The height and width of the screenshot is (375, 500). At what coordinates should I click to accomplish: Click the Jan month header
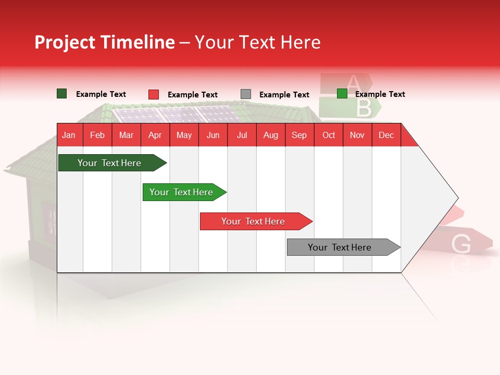(x=69, y=135)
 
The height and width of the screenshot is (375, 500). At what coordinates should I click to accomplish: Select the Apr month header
(x=155, y=135)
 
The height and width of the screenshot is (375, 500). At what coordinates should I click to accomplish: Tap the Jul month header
(x=242, y=135)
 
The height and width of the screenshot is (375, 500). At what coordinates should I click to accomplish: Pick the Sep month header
(x=299, y=135)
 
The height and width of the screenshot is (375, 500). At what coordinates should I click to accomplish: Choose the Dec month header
(x=386, y=135)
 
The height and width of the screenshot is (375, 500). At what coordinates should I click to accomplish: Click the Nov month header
(x=357, y=135)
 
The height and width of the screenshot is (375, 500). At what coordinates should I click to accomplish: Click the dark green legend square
(x=61, y=94)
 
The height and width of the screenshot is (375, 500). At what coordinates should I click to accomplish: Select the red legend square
(x=153, y=94)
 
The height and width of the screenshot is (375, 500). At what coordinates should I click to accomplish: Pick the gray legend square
(x=245, y=94)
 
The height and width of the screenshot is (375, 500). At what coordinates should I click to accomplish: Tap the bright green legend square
(x=342, y=94)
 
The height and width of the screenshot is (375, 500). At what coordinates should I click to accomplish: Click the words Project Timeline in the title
(x=104, y=42)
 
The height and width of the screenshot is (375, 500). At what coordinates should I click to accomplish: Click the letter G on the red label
(x=461, y=244)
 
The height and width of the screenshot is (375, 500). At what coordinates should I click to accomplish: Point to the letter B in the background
(x=364, y=108)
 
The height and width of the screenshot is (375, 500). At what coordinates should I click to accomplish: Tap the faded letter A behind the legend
(x=353, y=82)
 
